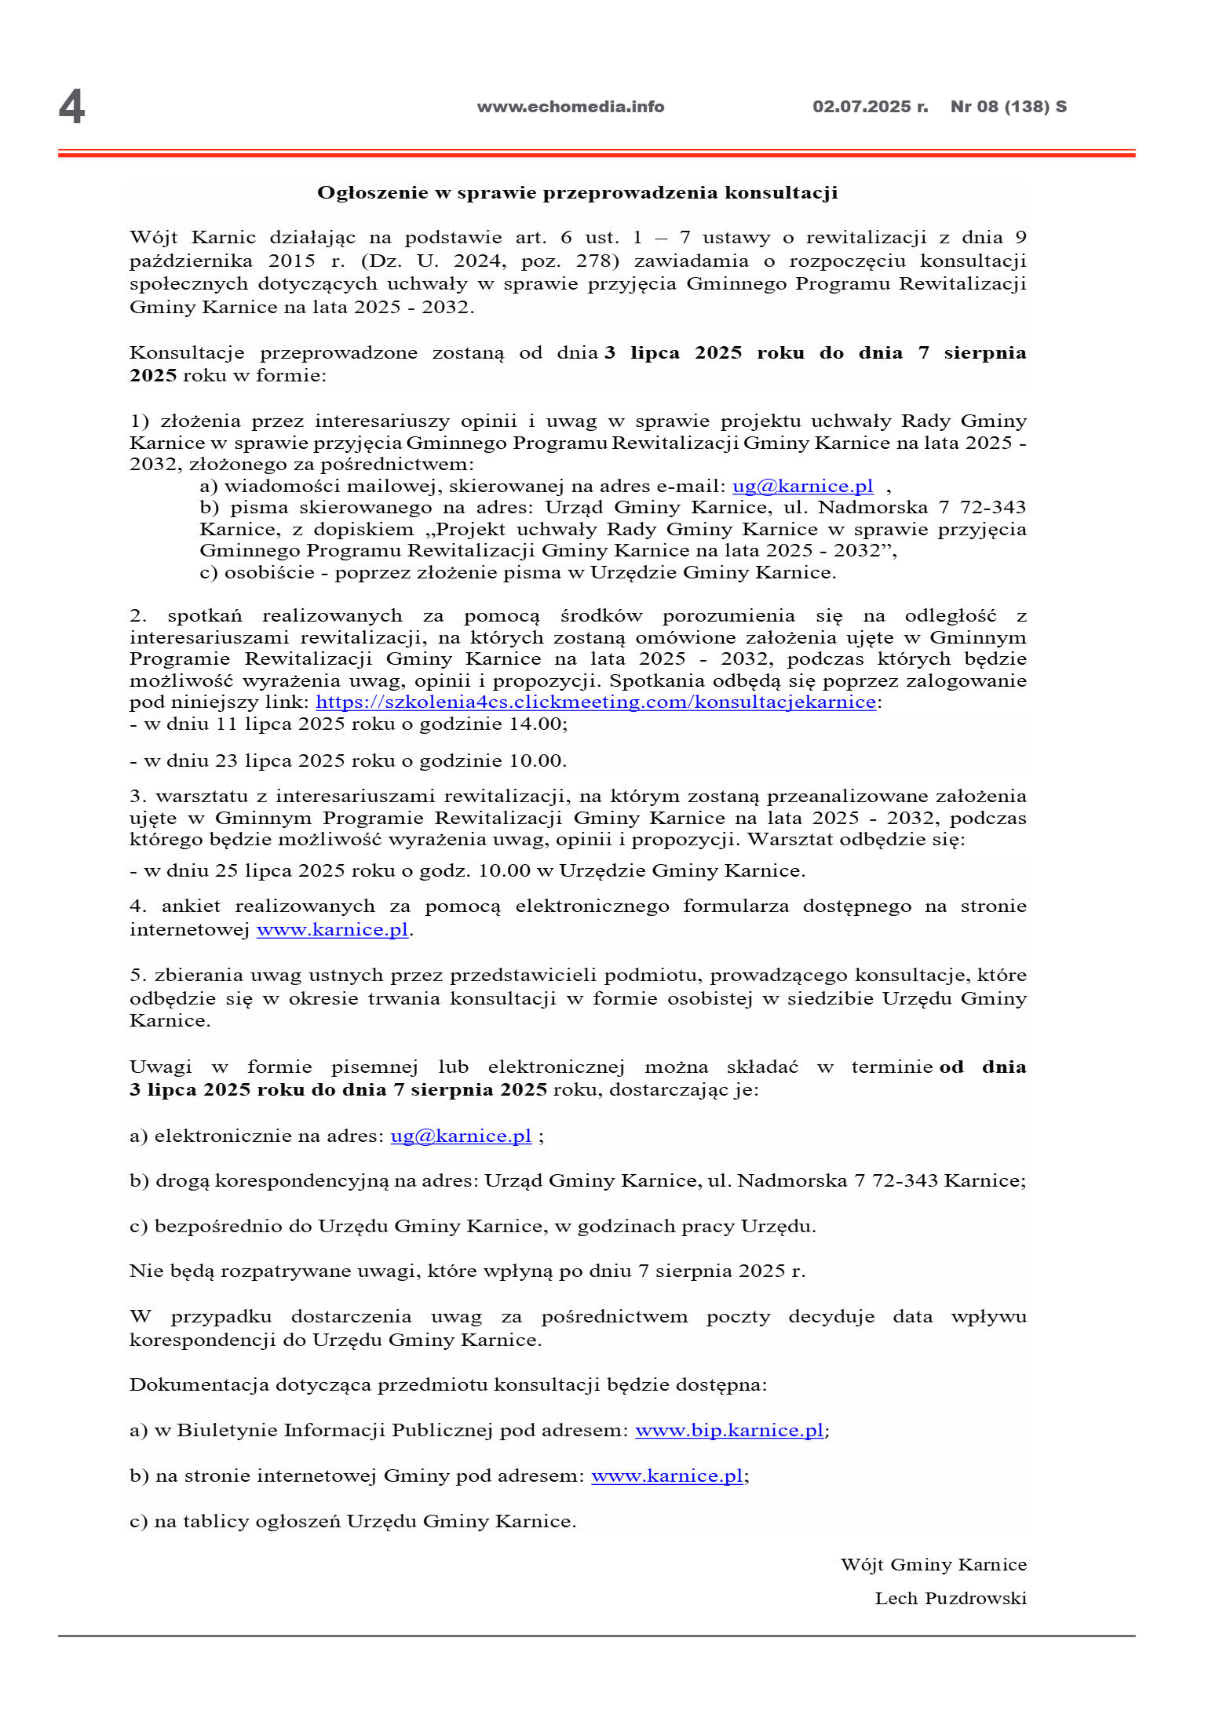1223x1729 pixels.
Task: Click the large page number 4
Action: (71, 107)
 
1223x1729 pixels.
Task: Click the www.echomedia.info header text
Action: (570, 107)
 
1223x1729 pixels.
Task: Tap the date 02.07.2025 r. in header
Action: (870, 107)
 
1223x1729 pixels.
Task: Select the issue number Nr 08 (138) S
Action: (1008, 107)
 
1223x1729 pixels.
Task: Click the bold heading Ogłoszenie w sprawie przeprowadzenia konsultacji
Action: (577, 193)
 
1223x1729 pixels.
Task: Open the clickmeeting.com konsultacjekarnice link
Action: (595, 702)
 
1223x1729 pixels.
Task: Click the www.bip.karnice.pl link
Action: (728, 1430)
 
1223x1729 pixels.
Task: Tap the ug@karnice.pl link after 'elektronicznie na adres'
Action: (461, 1136)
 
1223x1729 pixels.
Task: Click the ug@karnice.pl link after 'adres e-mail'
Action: (802, 486)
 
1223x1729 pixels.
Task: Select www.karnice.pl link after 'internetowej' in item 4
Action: (332, 929)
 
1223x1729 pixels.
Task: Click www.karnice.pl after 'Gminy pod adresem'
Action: (666, 1475)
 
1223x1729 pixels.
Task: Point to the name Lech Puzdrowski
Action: (950, 1599)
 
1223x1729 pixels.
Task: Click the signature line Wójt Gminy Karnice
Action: (933, 1564)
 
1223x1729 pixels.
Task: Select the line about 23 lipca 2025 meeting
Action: (348, 761)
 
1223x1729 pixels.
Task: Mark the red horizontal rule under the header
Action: (596, 154)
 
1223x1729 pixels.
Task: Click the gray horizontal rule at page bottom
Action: (596, 1636)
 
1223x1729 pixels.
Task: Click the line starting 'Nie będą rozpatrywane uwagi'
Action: (467, 1271)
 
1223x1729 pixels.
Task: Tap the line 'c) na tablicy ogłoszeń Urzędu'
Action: (352, 1521)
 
